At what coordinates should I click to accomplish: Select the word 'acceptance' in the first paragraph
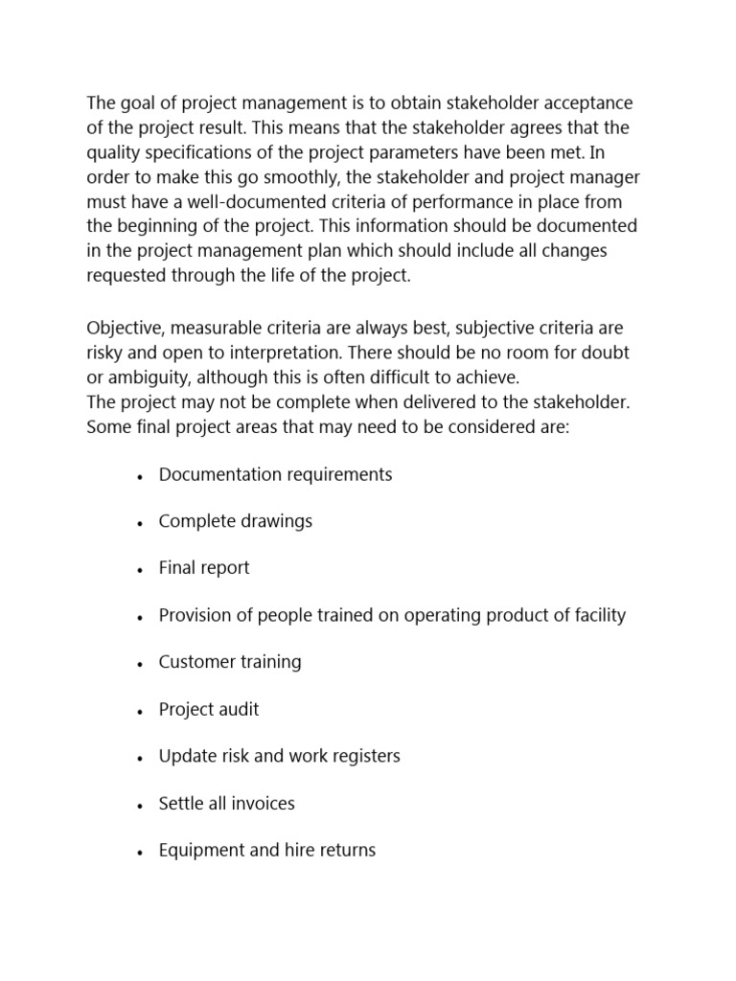coord(586,103)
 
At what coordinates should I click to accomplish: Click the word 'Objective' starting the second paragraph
coord(124,328)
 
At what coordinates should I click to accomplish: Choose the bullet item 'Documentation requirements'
coord(275,475)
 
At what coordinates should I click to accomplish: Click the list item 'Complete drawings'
coord(236,522)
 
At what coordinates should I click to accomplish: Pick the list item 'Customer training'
coord(230,663)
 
